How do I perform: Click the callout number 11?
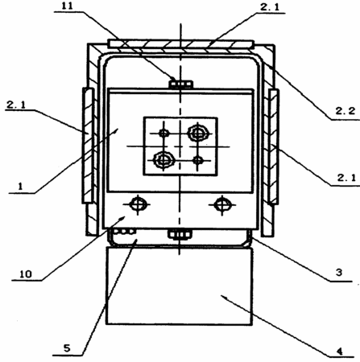(67, 6)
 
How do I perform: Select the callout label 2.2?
(346, 111)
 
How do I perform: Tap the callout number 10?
(26, 274)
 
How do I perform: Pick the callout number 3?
(339, 273)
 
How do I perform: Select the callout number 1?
(20, 186)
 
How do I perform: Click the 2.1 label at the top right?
(270, 7)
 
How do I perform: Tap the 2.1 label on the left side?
(16, 105)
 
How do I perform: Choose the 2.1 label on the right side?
(346, 178)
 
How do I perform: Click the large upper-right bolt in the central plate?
(198, 133)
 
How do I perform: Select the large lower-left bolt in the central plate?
(163, 160)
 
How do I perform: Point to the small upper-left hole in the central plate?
(163, 133)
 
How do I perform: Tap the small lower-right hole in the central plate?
(198, 160)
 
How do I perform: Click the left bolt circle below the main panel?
(138, 205)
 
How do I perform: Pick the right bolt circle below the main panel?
(222, 205)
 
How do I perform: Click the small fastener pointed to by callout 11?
(180, 84)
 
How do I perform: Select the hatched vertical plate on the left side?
(88, 146)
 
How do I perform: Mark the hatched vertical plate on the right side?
(273, 147)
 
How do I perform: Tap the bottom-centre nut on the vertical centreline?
(180, 234)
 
